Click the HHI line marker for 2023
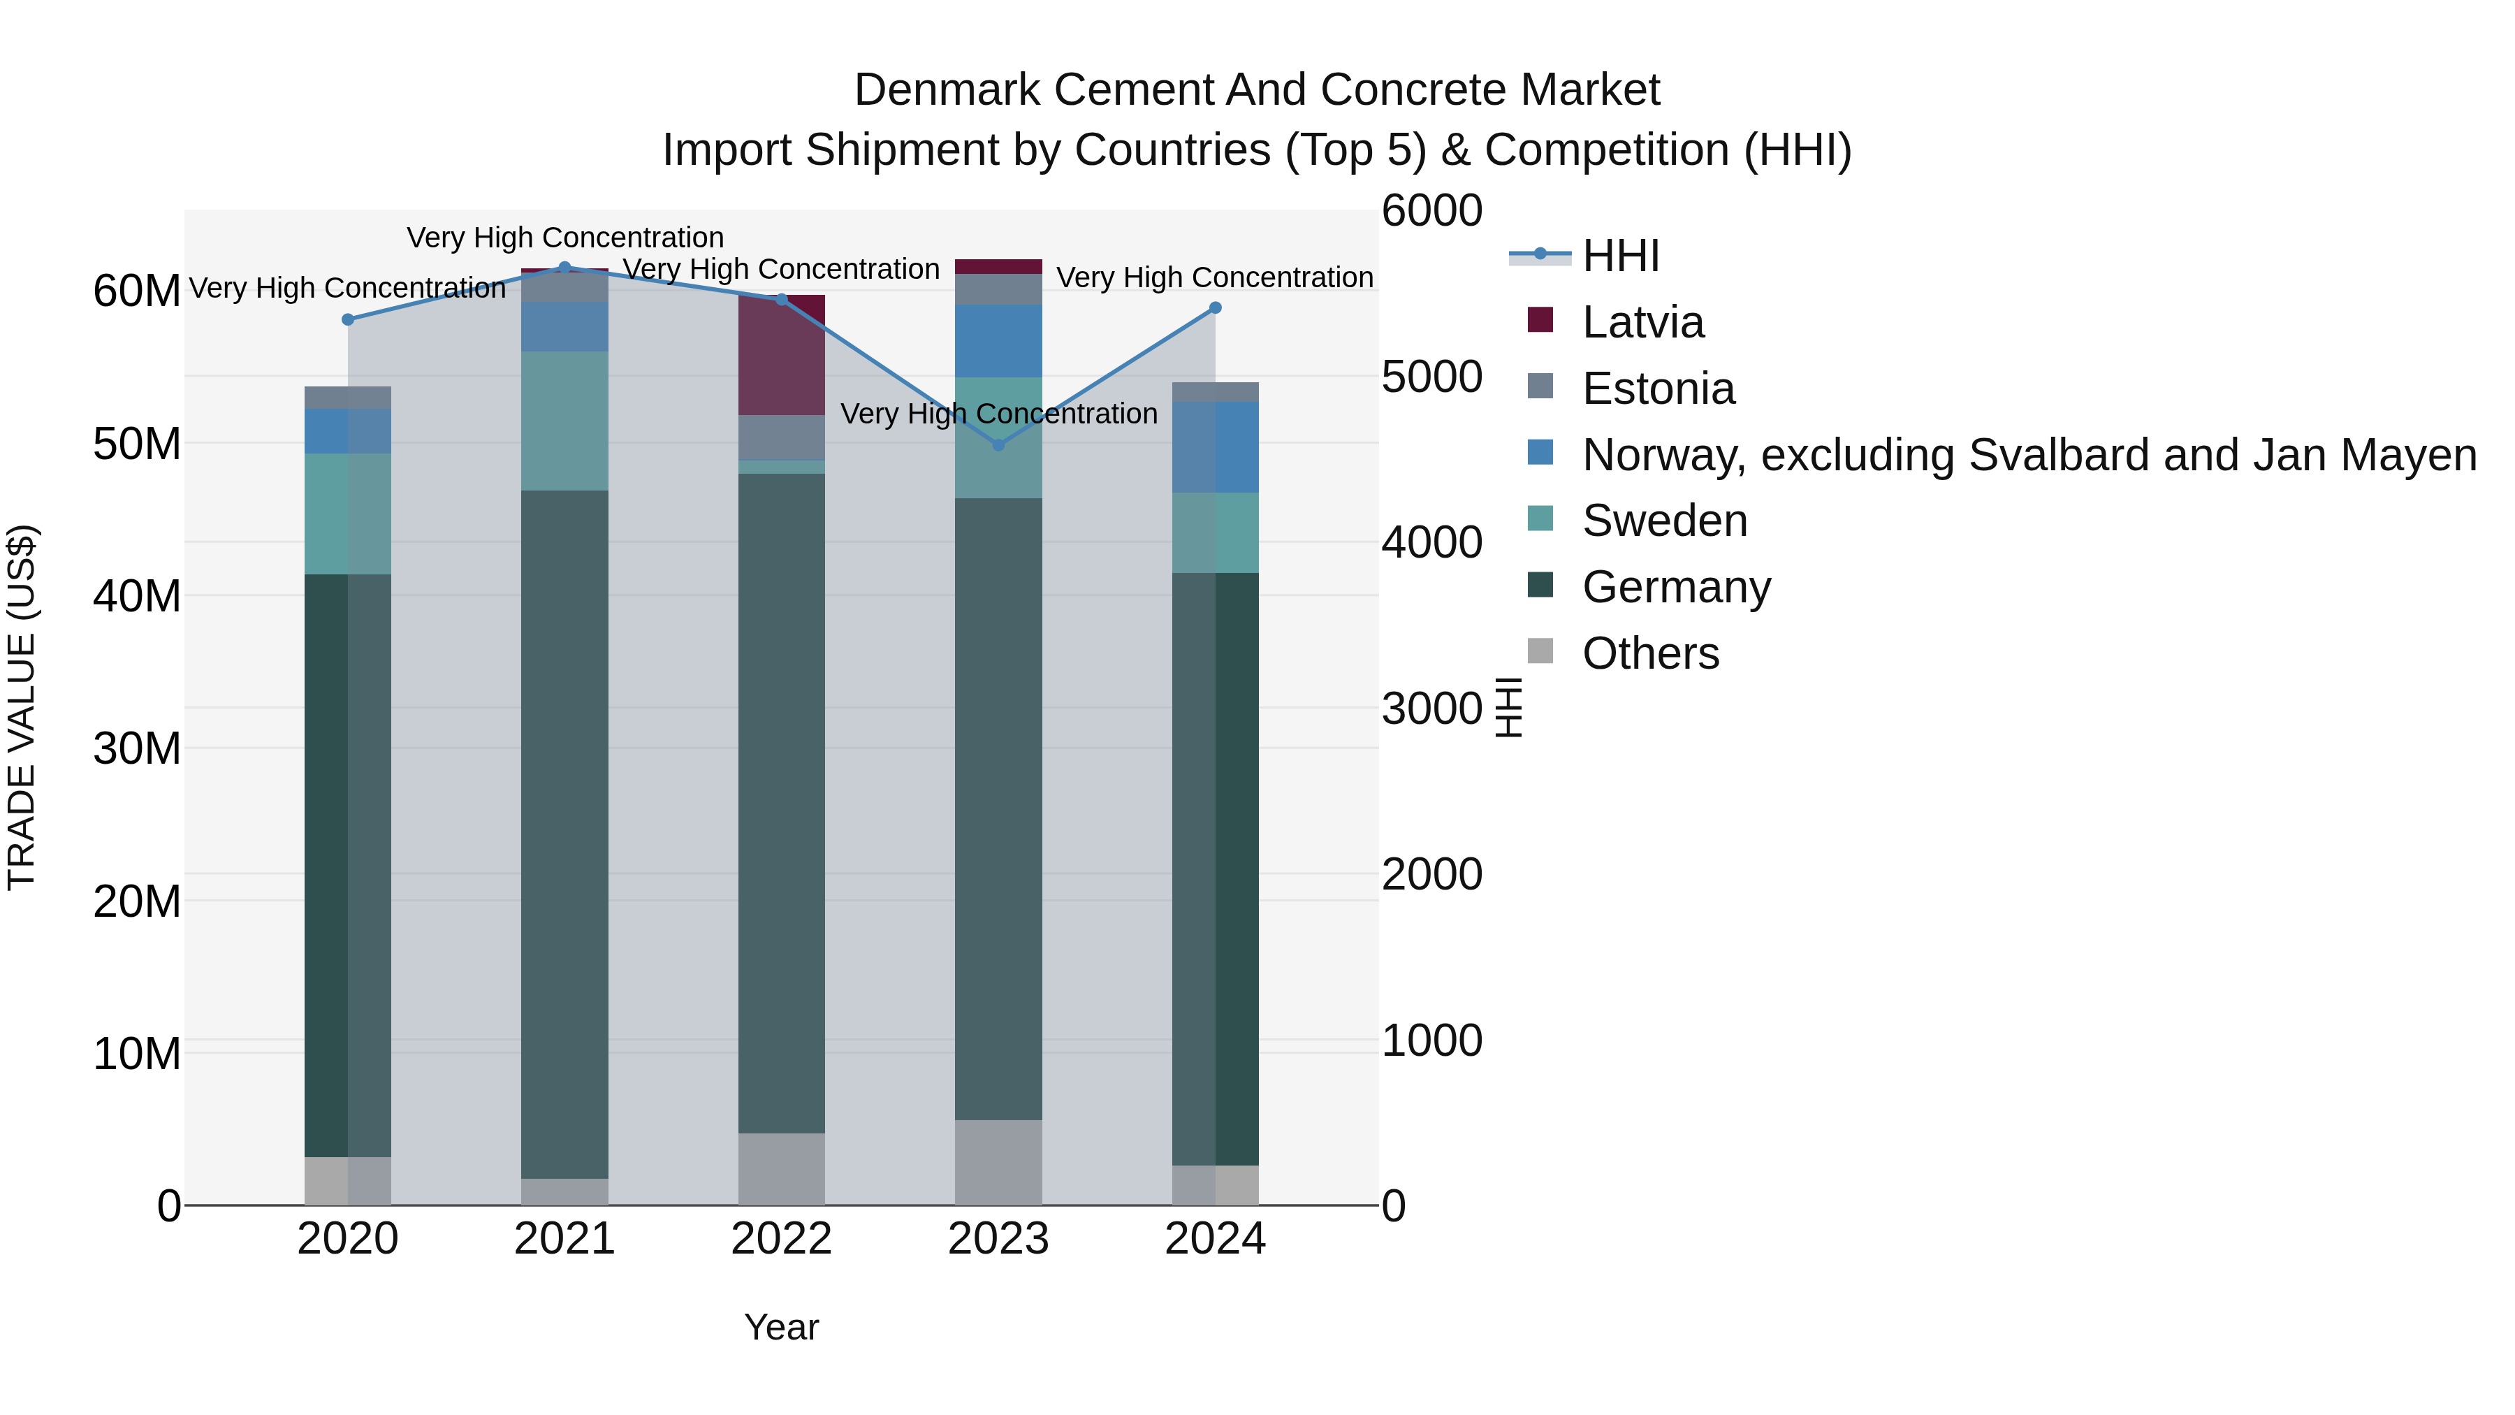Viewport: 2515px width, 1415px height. [998, 445]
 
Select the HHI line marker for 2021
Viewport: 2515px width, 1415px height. [564, 268]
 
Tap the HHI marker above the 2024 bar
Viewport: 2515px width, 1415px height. [1216, 307]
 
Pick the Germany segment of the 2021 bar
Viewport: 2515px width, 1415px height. [564, 835]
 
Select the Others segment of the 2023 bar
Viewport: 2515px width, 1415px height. [998, 1162]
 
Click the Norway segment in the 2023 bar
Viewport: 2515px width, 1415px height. [998, 341]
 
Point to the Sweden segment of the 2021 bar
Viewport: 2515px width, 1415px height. [564, 421]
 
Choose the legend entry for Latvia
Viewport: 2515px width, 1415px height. [1642, 322]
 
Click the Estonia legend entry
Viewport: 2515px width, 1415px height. [1658, 389]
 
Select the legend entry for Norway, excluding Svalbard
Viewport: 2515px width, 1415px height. [2029, 455]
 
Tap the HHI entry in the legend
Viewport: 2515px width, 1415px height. [1621, 256]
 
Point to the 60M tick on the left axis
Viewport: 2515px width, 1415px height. [137, 291]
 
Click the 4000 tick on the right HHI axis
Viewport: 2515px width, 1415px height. [1431, 543]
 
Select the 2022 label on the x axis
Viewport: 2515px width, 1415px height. [781, 1239]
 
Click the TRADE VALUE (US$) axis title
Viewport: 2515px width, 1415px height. [22, 707]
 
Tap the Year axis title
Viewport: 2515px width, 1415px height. [781, 1327]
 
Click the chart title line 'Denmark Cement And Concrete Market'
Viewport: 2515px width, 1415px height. [1257, 90]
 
